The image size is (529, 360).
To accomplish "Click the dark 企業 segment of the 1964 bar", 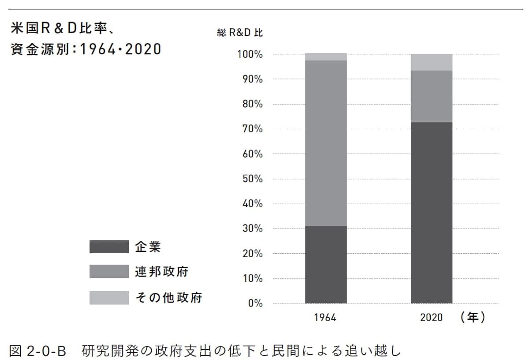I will pyautogui.click(x=326, y=264).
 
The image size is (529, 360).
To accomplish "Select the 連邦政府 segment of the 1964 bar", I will pyautogui.click(x=326, y=143).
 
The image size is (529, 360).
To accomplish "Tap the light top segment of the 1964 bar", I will pyautogui.click(x=326, y=56).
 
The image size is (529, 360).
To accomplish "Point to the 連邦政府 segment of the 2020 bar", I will pyautogui.click(x=432, y=96).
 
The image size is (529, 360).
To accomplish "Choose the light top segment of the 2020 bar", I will pyautogui.click(x=432, y=62).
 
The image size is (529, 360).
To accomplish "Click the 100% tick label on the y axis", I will pyautogui.click(x=250, y=55).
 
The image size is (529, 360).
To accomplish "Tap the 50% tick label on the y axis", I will pyautogui.click(x=252, y=179).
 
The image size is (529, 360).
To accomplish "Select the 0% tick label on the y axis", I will pyautogui.click(x=255, y=304).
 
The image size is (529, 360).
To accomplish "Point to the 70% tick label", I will pyautogui.click(x=252, y=129).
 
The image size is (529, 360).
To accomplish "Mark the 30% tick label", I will pyautogui.click(x=252, y=229).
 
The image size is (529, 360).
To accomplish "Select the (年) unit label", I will pyautogui.click(x=472, y=317).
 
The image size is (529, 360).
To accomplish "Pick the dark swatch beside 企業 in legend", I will pyautogui.click(x=109, y=247).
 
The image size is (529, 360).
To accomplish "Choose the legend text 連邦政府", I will pyautogui.click(x=161, y=272).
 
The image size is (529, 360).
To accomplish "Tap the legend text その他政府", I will pyautogui.click(x=168, y=297).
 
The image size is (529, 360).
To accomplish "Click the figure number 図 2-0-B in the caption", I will pyautogui.click(x=37, y=351).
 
